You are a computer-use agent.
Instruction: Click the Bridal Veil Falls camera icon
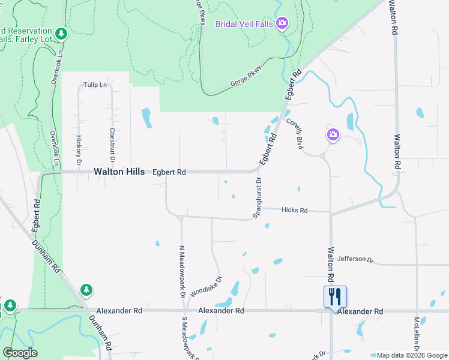point(282,23)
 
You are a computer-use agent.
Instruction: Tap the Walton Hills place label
point(119,172)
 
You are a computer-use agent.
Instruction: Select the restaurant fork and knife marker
point(335,296)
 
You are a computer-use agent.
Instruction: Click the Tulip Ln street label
point(95,85)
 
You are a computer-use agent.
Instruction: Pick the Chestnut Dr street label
point(112,143)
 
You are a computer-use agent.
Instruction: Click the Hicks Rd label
point(295,211)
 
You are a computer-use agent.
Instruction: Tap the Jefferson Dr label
point(355,259)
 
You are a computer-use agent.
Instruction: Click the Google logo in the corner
point(20,353)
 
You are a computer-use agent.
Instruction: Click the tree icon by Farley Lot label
point(60,33)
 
